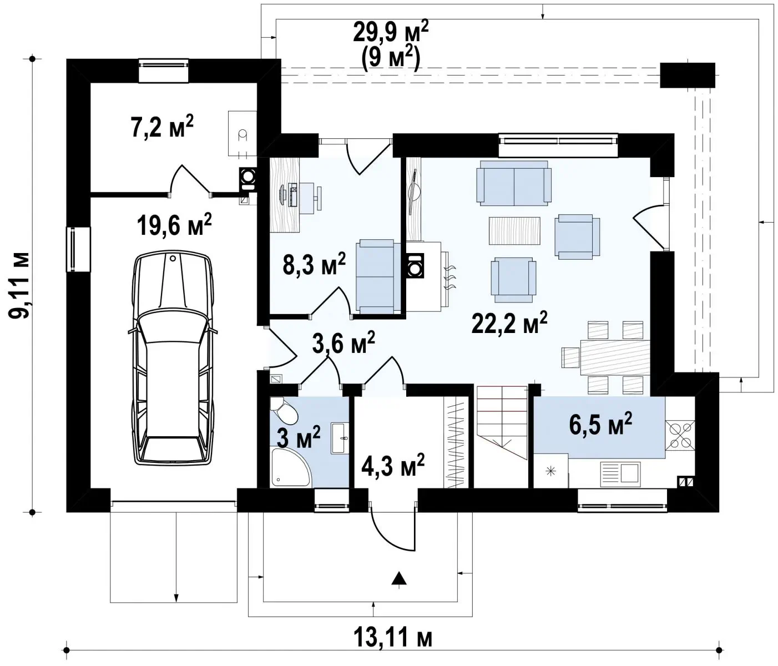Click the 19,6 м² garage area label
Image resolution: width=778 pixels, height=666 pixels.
pyautogui.click(x=174, y=225)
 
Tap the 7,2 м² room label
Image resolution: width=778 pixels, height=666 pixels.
pyautogui.click(x=162, y=127)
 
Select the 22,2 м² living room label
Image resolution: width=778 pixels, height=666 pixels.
pyautogui.click(x=509, y=322)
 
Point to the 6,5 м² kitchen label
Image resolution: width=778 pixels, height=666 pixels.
pyautogui.click(x=600, y=423)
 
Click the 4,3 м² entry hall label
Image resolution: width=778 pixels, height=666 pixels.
pyautogui.click(x=393, y=465)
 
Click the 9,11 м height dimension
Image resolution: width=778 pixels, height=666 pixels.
pyautogui.click(x=19, y=285)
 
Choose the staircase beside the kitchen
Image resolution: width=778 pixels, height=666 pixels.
pyautogui.click(x=502, y=422)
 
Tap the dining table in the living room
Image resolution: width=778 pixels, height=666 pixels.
pyautogui.click(x=615, y=357)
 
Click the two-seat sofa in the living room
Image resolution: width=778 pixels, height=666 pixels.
pyautogui.click(x=514, y=183)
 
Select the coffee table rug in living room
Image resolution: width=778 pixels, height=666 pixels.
pyautogui.click(x=514, y=230)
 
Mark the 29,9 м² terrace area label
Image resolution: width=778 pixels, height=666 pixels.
pyautogui.click(x=391, y=32)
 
